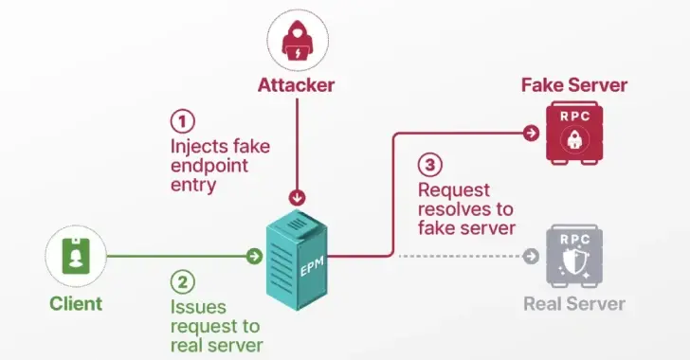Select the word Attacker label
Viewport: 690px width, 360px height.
pyautogui.click(x=297, y=85)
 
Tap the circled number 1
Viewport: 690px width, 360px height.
pyautogui.click(x=181, y=121)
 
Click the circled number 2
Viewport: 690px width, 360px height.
pyautogui.click(x=181, y=281)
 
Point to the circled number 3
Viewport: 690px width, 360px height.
pyautogui.click(x=429, y=165)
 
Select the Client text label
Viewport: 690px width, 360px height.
pyautogui.click(x=75, y=304)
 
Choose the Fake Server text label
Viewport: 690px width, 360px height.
pyautogui.click(x=574, y=85)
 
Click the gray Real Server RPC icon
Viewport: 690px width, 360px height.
pyautogui.click(x=574, y=256)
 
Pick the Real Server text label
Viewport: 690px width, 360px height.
pyautogui.click(x=574, y=304)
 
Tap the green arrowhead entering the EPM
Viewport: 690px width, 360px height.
pyautogui.click(x=254, y=256)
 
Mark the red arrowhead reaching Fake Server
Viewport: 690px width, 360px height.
pyautogui.click(x=532, y=133)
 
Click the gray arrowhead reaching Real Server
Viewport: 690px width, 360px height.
pyautogui.click(x=532, y=256)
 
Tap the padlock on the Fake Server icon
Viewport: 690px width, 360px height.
pyautogui.click(x=574, y=138)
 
